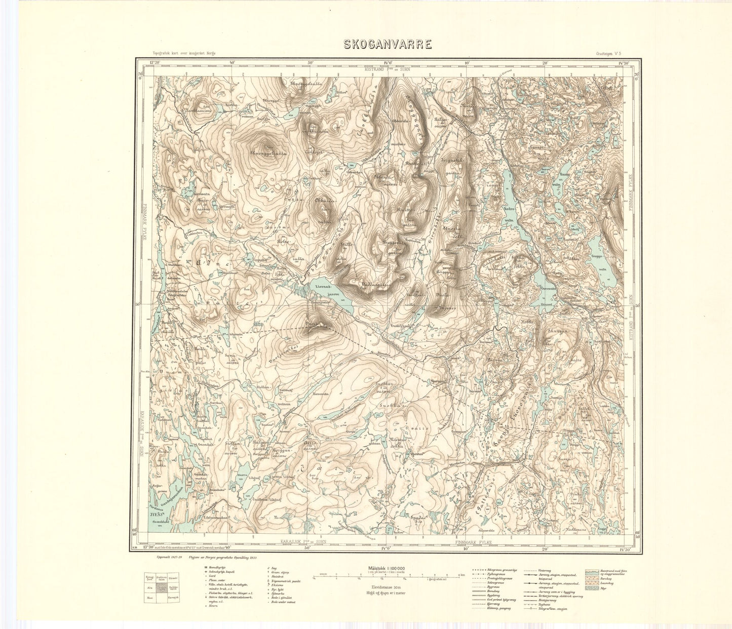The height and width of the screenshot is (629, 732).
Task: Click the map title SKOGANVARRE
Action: click(388, 44)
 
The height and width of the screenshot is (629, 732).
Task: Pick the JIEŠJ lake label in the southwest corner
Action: click(158, 514)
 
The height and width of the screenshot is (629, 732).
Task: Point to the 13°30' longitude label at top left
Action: click(155, 63)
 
